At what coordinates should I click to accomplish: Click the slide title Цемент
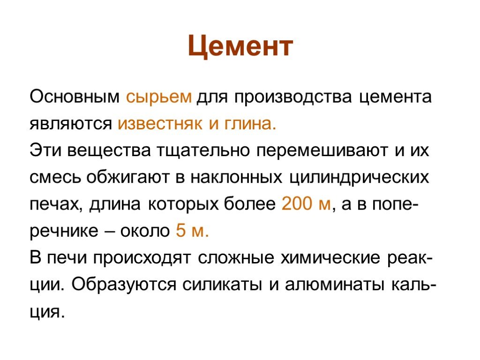(x=240, y=46)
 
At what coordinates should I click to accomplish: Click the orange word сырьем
(x=159, y=98)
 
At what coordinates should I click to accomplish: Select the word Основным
(x=75, y=97)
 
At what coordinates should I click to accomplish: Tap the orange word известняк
(x=160, y=124)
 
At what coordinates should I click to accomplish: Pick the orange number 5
(x=180, y=230)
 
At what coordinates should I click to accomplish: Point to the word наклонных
(x=236, y=177)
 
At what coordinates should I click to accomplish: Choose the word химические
(x=330, y=257)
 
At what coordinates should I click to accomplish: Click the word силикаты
(x=222, y=285)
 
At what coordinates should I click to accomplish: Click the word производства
(x=293, y=98)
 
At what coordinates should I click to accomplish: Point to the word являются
(x=71, y=124)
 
